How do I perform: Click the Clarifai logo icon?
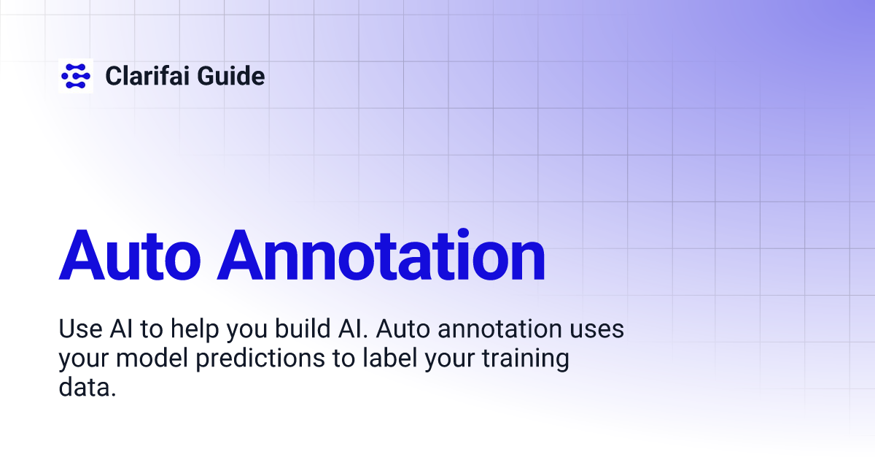[x=76, y=75]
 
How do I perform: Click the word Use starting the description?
[x=77, y=330]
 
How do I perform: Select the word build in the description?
[x=303, y=330]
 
